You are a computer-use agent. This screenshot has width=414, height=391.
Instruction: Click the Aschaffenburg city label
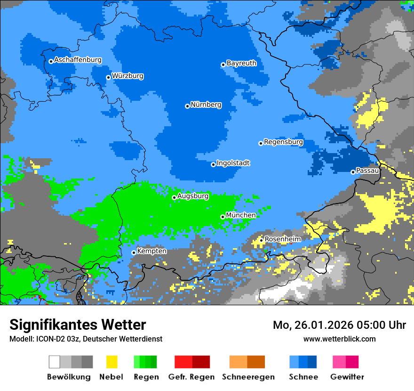78,60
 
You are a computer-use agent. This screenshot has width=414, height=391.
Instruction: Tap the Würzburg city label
127,76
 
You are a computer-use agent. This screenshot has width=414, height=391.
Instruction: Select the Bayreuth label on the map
241,63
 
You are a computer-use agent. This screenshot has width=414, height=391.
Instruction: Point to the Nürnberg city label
206,105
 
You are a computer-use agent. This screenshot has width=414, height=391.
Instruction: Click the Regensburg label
283,142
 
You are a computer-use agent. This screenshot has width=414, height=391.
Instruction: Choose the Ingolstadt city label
233,163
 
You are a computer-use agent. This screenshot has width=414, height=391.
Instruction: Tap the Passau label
367,171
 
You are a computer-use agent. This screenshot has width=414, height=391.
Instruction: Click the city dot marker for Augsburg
174,197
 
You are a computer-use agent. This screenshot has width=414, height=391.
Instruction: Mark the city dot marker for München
223,217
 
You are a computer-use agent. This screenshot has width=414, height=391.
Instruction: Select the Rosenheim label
282,239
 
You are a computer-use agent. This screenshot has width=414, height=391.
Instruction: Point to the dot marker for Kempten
134,253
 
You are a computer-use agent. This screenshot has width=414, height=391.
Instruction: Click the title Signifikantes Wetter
78,325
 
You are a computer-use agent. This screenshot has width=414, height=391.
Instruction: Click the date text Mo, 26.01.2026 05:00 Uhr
339,325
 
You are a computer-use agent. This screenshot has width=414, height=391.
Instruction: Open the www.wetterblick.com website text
339,339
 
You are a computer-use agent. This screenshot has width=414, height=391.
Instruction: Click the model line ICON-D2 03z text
86,339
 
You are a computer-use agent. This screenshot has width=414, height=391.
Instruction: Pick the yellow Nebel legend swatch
111,362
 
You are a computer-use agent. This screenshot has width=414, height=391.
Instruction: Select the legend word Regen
145,377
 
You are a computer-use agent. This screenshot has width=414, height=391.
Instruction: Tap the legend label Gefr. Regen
191,377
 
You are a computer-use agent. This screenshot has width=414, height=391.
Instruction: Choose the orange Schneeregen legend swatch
247,362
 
